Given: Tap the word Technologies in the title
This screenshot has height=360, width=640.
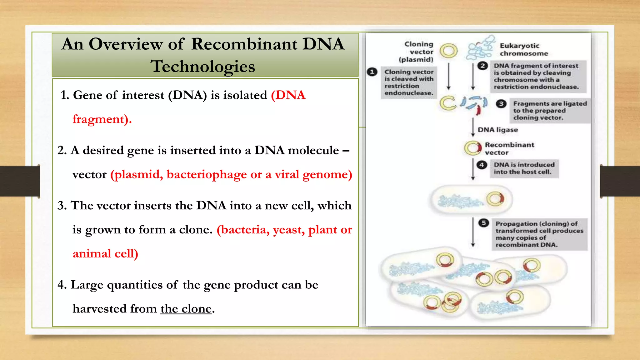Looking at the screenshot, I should pos(203,66).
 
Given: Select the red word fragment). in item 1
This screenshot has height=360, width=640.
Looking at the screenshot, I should pos(102,119).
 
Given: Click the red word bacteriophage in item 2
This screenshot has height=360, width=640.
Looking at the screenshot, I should pos(207,174).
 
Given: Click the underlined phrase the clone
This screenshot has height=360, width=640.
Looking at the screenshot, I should pos(186,309).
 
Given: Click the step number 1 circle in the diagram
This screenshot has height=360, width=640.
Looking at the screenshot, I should pos(372,72).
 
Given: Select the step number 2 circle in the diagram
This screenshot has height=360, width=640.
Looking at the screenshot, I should pos(482,66).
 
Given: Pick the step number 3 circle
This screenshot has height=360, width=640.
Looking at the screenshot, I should pos(501,104).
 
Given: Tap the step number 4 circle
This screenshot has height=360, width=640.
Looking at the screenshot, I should pos(482,165).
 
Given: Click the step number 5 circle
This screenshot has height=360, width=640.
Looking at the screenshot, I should pos(483,223).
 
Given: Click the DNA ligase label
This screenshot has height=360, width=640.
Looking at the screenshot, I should pos(497,130).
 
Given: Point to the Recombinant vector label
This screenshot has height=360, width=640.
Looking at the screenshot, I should pos(509,149).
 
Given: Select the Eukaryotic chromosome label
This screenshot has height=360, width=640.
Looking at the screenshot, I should pos(523,50).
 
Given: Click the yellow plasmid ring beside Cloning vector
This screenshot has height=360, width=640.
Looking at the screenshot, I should pos(448,51).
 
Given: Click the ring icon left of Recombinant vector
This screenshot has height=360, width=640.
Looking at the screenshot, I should pos(473,148).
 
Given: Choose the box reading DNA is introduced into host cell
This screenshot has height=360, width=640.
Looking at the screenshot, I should pos(524,168).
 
